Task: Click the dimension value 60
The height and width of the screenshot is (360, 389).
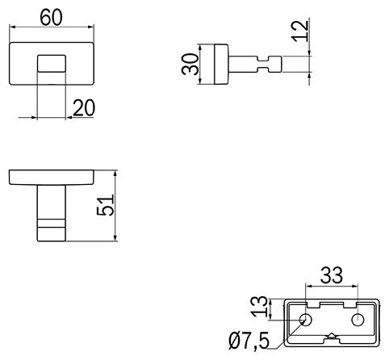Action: (x=51, y=18)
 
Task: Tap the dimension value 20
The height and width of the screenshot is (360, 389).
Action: (x=84, y=107)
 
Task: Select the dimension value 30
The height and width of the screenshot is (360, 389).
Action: (x=190, y=64)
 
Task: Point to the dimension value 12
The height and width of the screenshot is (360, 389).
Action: (x=300, y=31)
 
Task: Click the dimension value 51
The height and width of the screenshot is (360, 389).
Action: (x=105, y=205)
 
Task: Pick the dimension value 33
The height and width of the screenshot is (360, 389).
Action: (x=332, y=275)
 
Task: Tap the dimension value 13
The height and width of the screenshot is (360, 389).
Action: (x=259, y=307)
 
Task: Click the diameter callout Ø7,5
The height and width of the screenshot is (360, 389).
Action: (x=249, y=341)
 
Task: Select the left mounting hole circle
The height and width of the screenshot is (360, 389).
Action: (x=306, y=320)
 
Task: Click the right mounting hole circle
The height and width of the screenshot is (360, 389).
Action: (x=358, y=320)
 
